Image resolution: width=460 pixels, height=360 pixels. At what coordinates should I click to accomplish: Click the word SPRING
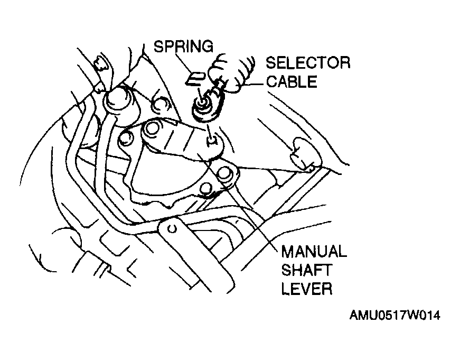pos(184,47)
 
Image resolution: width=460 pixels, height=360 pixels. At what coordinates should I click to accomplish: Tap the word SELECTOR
pos(308,63)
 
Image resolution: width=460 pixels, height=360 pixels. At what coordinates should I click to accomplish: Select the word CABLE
pos(292,81)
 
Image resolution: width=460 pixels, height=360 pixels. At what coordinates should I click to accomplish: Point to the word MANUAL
pos(314,252)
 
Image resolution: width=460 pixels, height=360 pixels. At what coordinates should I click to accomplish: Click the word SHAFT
pos(306,270)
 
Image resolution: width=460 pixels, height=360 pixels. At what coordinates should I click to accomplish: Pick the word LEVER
pos(307,288)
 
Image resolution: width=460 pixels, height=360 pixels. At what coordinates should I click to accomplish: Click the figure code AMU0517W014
pos(395,316)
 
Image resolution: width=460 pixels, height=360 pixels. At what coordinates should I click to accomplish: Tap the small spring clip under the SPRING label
pos(195,78)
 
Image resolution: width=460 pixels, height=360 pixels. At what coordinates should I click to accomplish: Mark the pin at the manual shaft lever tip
pos(212,141)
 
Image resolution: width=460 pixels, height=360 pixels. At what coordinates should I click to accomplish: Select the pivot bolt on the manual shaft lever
pos(152,128)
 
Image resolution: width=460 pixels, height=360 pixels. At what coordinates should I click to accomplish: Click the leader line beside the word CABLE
pos(254,85)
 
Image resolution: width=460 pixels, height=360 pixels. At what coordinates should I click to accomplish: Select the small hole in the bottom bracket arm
pos(172,228)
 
